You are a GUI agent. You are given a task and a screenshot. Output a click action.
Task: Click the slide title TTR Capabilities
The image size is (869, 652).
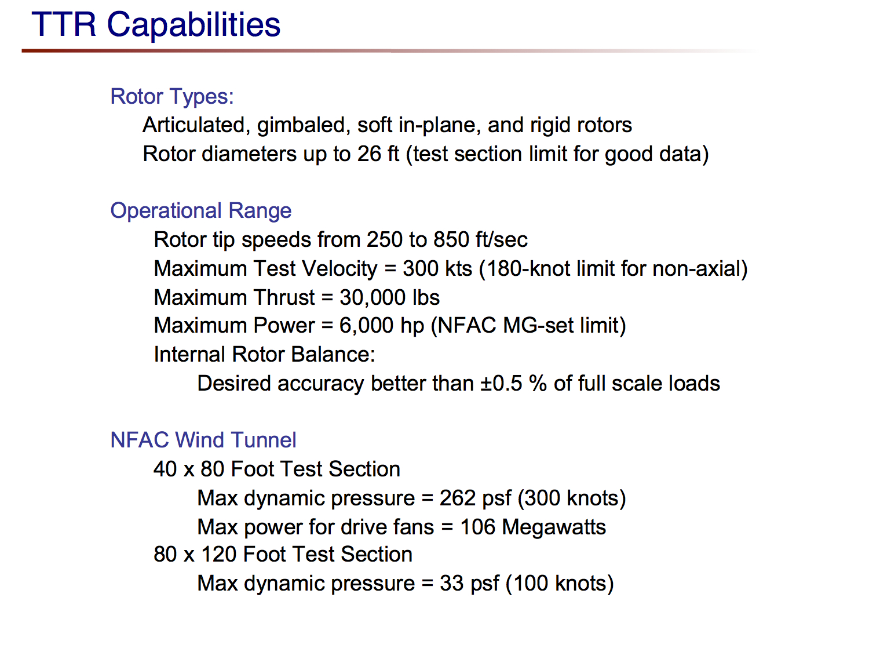pos(156,25)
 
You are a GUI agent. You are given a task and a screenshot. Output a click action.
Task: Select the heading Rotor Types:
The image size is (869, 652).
pos(172,96)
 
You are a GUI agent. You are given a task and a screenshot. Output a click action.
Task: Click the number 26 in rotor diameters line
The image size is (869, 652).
pos(369,154)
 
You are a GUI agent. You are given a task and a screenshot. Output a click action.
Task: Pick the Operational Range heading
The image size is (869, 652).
pos(200,210)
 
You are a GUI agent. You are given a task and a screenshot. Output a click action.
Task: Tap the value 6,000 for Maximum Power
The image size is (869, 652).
pos(366,326)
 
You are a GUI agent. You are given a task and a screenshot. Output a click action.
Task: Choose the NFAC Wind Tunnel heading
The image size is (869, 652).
pos(203,440)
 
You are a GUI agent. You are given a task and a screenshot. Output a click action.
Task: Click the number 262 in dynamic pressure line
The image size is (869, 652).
pos(457,498)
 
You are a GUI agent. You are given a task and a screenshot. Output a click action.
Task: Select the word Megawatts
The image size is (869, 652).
pos(554,527)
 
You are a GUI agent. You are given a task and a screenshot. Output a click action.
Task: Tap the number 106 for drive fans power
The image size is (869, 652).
pos(478,527)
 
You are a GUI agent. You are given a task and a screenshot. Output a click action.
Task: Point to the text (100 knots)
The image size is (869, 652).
pos(560,584)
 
